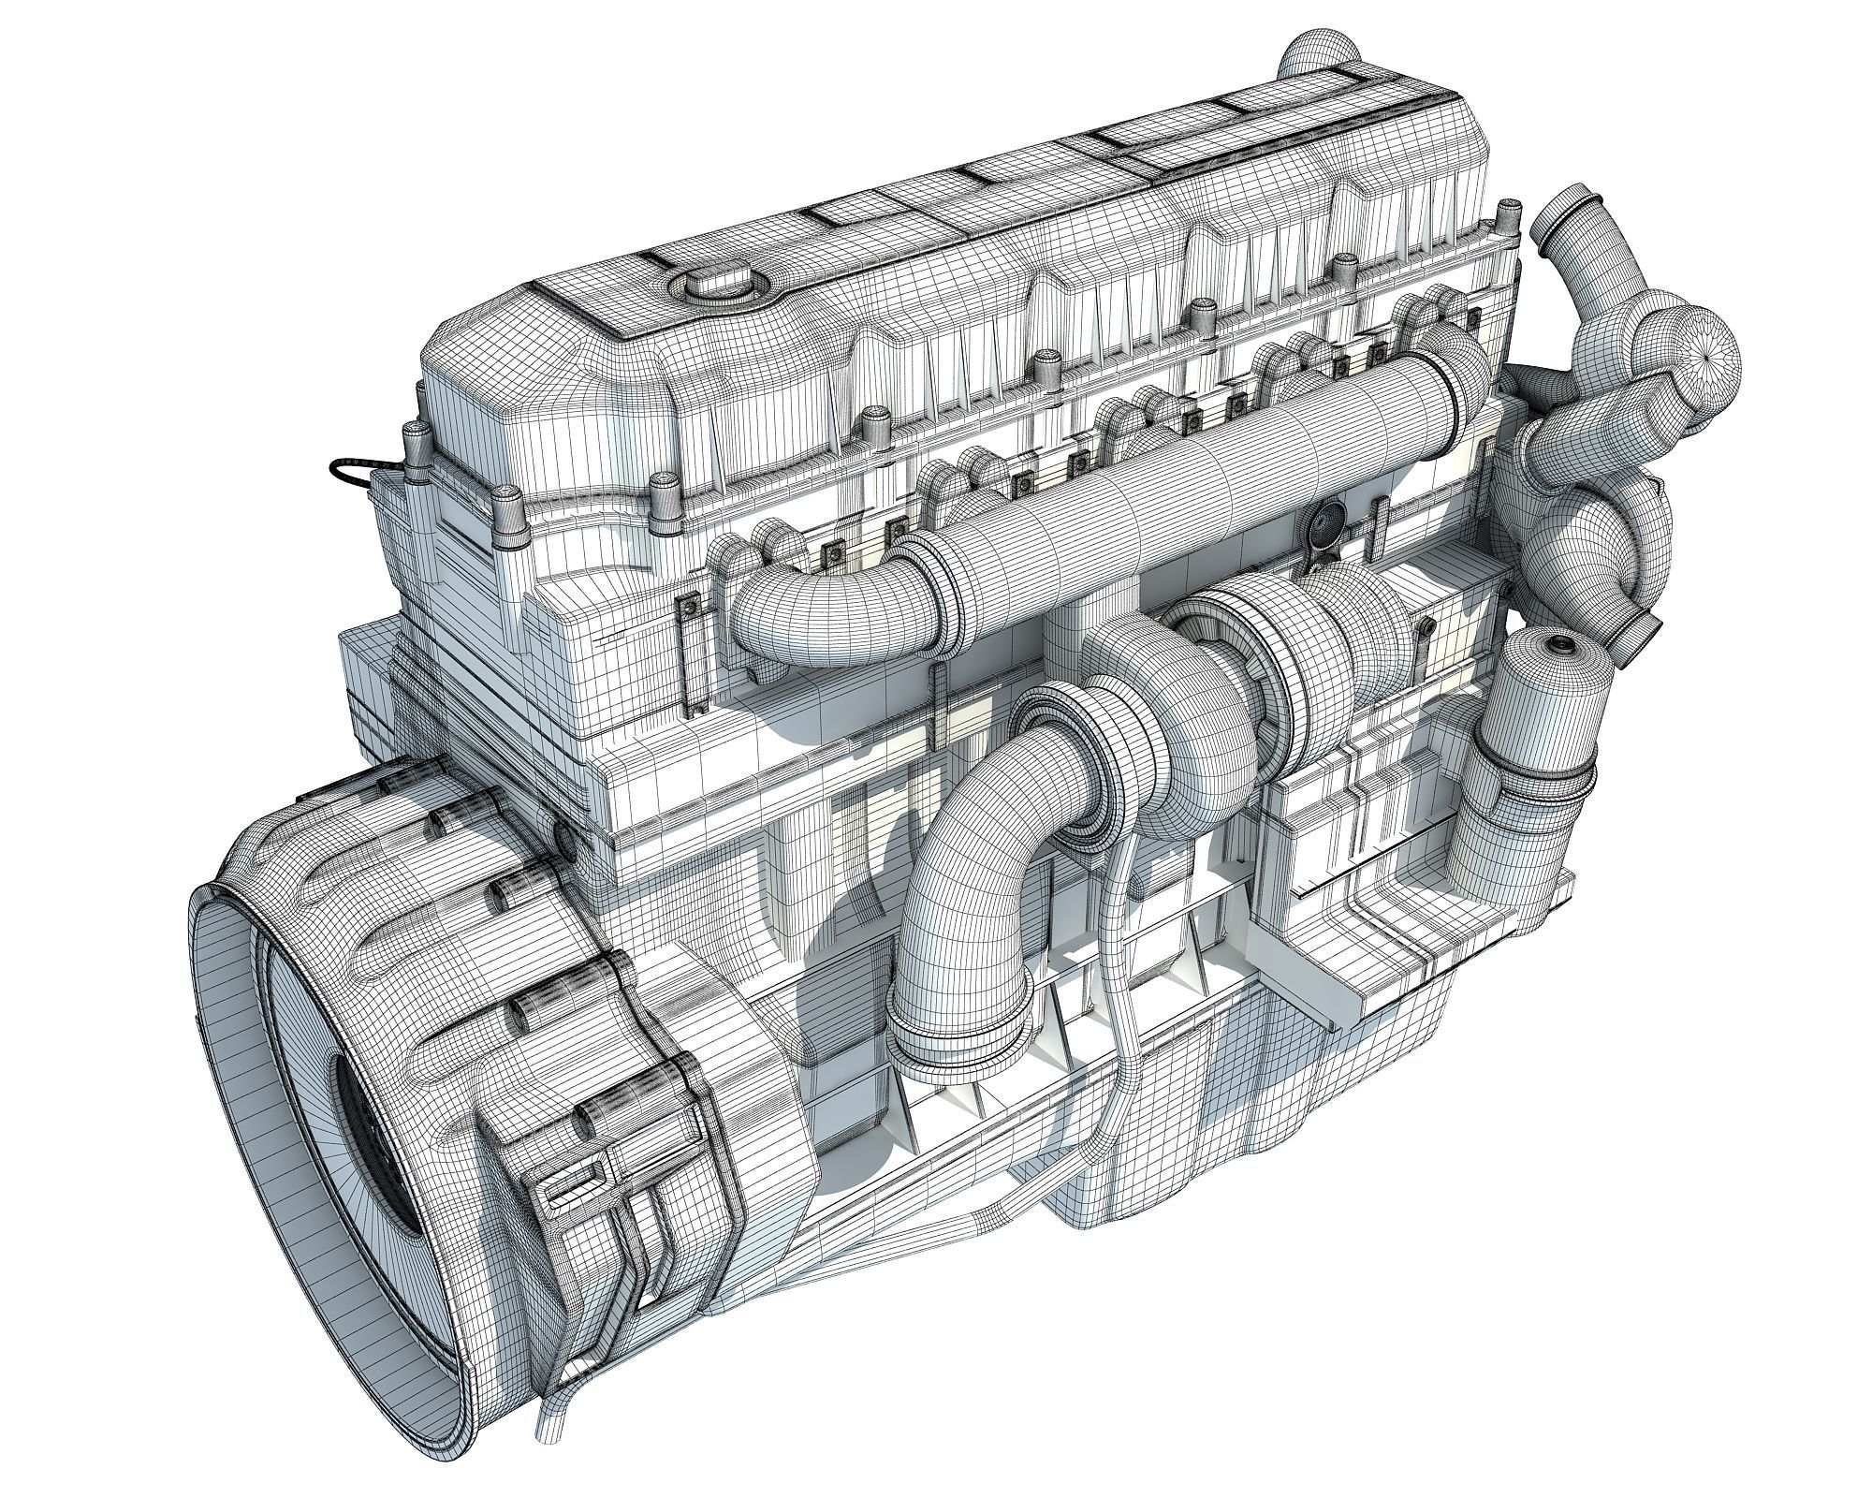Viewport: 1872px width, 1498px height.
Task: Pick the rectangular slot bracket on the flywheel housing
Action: (x=573, y=1182)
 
